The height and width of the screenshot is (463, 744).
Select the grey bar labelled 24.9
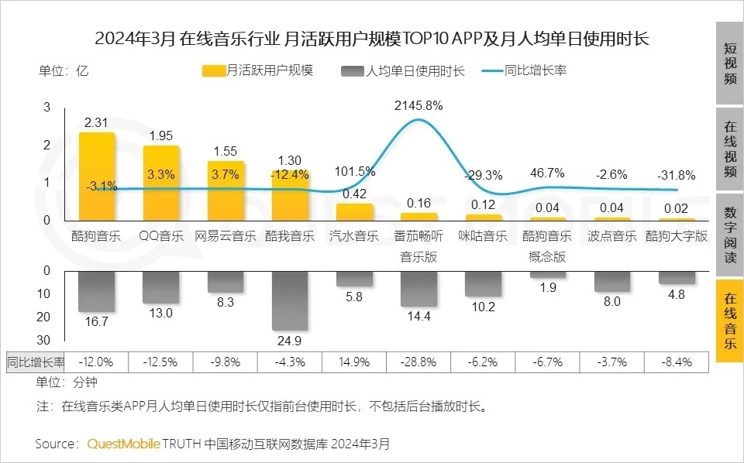(x=290, y=300)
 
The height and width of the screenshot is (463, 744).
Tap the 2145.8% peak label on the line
(x=418, y=105)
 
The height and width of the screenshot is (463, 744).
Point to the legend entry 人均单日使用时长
(x=403, y=70)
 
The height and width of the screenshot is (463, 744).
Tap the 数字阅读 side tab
(x=729, y=235)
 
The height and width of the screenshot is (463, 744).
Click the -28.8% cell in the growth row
(x=418, y=362)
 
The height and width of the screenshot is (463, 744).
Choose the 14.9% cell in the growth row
(x=354, y=362)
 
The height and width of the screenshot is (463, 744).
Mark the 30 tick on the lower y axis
(x=44, y=340)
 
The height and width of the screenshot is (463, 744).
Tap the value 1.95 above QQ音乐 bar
(x=161, y=135)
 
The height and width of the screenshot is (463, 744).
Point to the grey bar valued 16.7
(x=97, y=292)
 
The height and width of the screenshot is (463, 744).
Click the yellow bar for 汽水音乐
(x=354, y=212)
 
